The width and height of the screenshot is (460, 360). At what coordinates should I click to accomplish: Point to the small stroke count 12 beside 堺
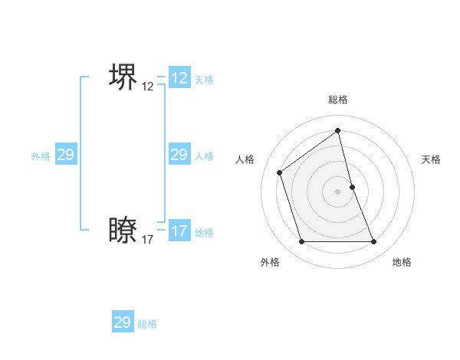tap(148, 87)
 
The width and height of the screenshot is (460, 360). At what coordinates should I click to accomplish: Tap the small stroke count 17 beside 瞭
tap(148, 240)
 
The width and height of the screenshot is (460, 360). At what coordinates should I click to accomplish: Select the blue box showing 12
tap(179, 78)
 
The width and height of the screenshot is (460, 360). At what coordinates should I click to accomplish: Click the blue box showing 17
tap(179, 231)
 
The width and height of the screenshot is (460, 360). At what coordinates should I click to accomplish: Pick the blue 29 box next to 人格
tap(179, 155)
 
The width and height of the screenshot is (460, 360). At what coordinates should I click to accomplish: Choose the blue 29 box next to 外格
tap(65, 155)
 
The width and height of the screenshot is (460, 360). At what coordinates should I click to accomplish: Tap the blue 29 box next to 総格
tap(123, 322)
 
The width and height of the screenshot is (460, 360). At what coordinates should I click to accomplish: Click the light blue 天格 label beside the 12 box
tap(204, 80)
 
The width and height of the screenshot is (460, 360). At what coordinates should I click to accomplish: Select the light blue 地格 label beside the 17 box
tap(204, 233)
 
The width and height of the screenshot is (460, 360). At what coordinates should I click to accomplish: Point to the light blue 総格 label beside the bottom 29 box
tap(147, 324)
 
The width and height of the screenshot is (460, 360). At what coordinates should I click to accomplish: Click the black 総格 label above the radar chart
tap(337, 100)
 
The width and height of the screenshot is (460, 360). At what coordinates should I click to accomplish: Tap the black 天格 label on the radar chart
tap(432, 159)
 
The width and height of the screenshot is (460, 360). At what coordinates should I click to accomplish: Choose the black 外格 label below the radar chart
tap(270, 262)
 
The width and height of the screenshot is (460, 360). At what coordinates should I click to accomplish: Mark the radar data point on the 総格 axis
tap(337, 130)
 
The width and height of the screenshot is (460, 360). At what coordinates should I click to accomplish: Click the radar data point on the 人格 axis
tap(280, 172)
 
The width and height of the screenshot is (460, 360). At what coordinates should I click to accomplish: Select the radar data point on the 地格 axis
tap(374, 242)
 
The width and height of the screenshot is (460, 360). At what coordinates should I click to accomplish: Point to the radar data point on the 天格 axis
tap(352, 187)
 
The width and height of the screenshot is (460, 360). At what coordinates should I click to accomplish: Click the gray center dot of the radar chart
tap(337, 191)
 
